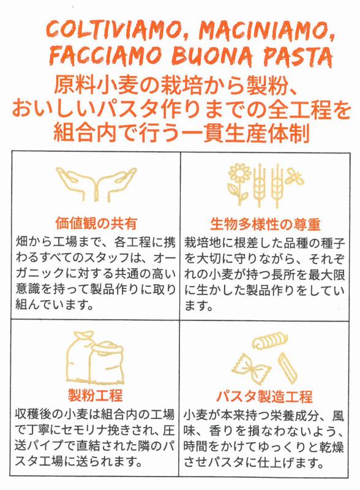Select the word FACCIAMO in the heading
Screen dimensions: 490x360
[x=97, y=57]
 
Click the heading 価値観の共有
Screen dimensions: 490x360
[x=96, y=222]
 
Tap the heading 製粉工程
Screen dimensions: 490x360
[x=95, y=394]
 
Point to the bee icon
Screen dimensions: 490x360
[x=296, y=178]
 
